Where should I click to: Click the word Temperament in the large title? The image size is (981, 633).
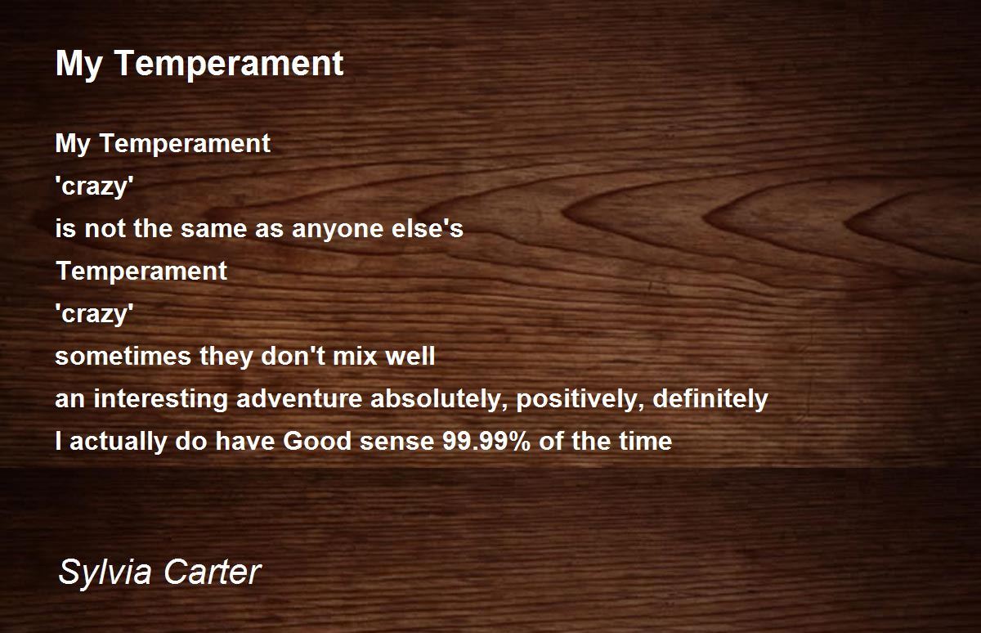pyautogui.click(x=230, y=65)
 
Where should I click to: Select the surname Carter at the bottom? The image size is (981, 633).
pyautogui.click(x=213, y=572)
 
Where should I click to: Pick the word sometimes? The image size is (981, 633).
pyautogui.click(x=123, y=356)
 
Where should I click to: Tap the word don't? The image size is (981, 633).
pyautogui.click(x=293, y=355)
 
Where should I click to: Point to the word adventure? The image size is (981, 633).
pyautogui.click(x=299, y=398)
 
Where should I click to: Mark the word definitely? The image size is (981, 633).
pyautogui.click(x=710, y=398)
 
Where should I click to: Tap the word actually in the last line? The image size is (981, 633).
pyautogui.click(x=118, y=442)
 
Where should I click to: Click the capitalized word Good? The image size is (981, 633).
pyautogui.click(x=317, y=441)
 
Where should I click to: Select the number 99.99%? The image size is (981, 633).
pyautogui.click(x=486, y=441)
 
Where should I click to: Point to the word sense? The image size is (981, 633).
pyautogui.click(x=396, y=442)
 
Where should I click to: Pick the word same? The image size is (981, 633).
pyautogui.click(x=213, y=229)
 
